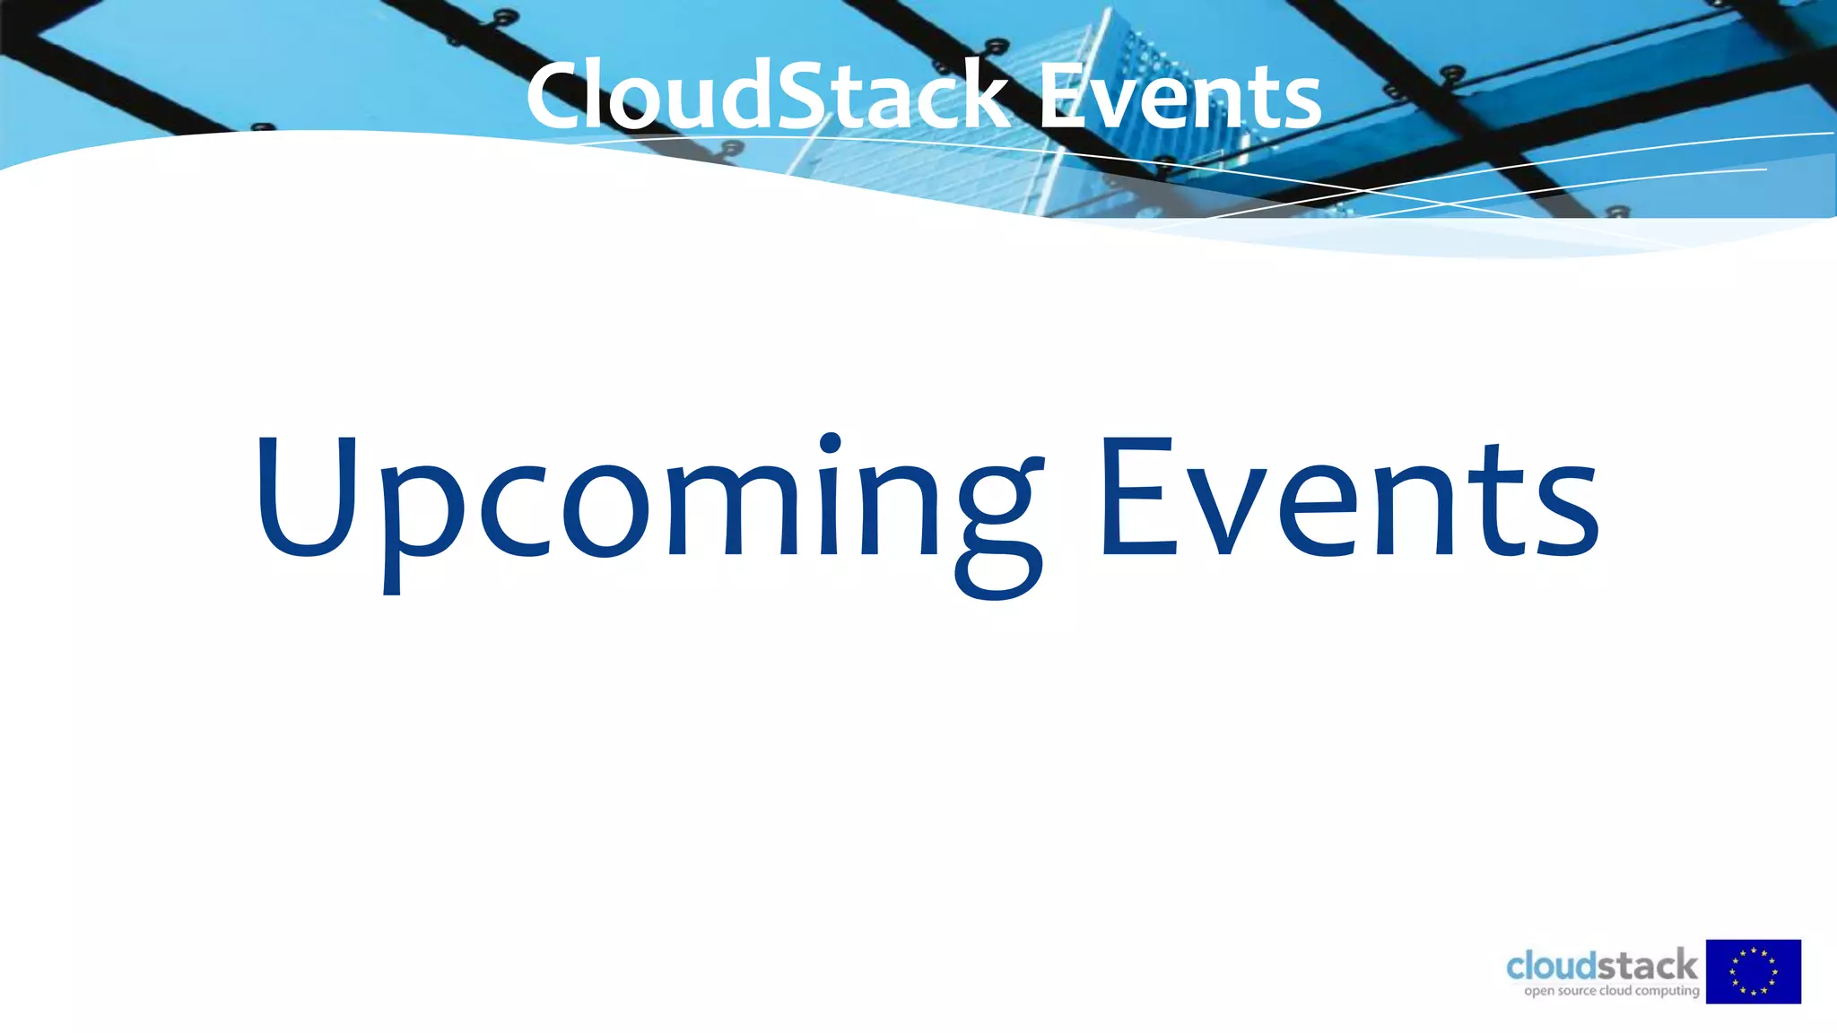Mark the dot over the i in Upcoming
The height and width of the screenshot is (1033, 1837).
(831, 444)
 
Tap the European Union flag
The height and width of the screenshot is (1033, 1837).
(1753, 971)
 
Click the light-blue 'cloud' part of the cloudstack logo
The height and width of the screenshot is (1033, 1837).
(1552, 967)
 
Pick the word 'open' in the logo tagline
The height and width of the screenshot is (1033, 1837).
(1539, 992)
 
